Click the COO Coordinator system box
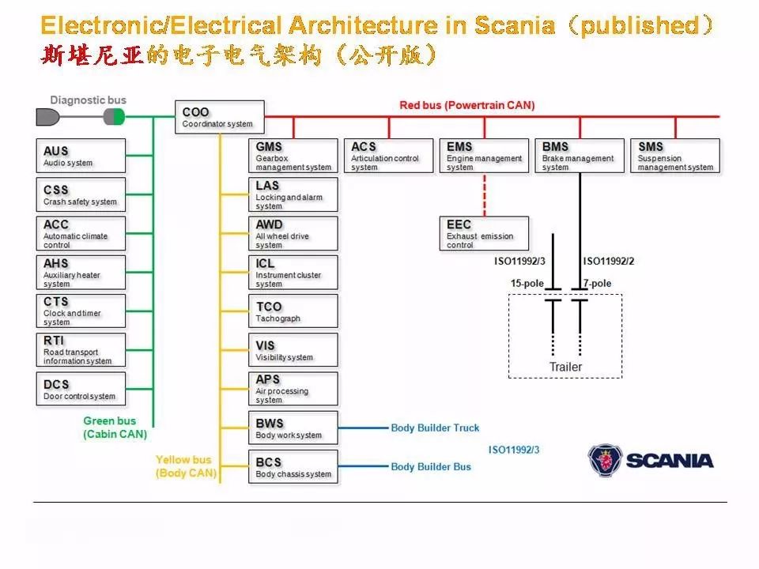click(x=219, y=117)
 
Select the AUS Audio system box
click(x=81, y=156)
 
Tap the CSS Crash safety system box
click(x=81, y=194)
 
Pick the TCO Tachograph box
click(x=293, y=311)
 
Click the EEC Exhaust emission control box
click(x=484, y=233)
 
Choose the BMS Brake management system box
click(x=580, y=156)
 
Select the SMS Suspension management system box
click(x=675, y=156)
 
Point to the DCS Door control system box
click(x=81, y=389)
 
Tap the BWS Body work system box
click(x=293, y=428)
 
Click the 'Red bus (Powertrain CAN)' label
click(x=466, y=105)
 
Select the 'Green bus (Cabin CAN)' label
click(x=115, y=428)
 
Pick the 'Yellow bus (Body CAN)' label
click(x=185, y=466)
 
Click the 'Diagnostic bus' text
click(x=88, y=100)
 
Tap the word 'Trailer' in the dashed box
click(x=565, y=367)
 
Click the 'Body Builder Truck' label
click(x=435, y=428)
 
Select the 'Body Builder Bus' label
click(x=431, y=466)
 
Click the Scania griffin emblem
click(x=605, y=460)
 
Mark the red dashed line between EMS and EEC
click(x=484, y=194)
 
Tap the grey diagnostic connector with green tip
click(x=114, y=118)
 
